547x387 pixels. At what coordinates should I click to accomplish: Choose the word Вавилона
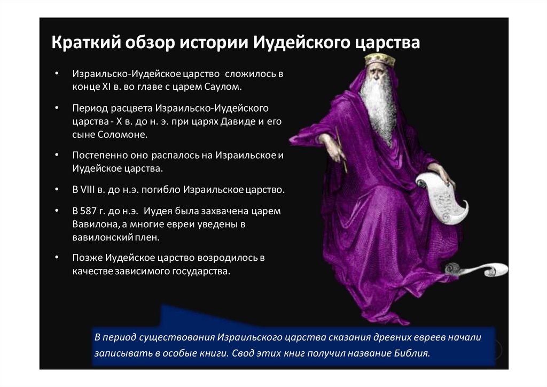point(93,224)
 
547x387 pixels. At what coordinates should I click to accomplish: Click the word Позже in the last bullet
point(85,258)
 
